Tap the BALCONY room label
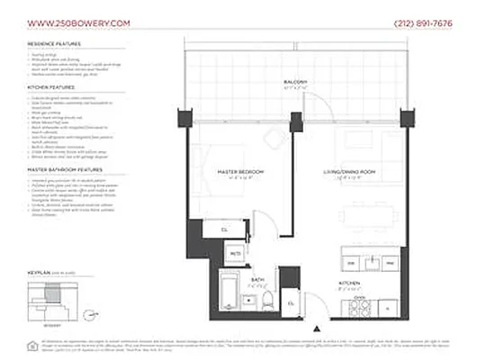[295, 83]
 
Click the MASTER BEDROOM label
[239, 171]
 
